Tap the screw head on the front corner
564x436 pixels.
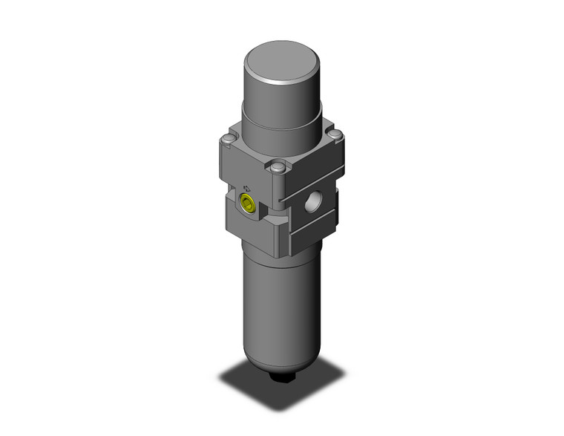[x=278, y=168]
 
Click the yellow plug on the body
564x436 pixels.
[x=249, y=204]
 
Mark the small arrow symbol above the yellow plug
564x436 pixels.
[x=246, y=188]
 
